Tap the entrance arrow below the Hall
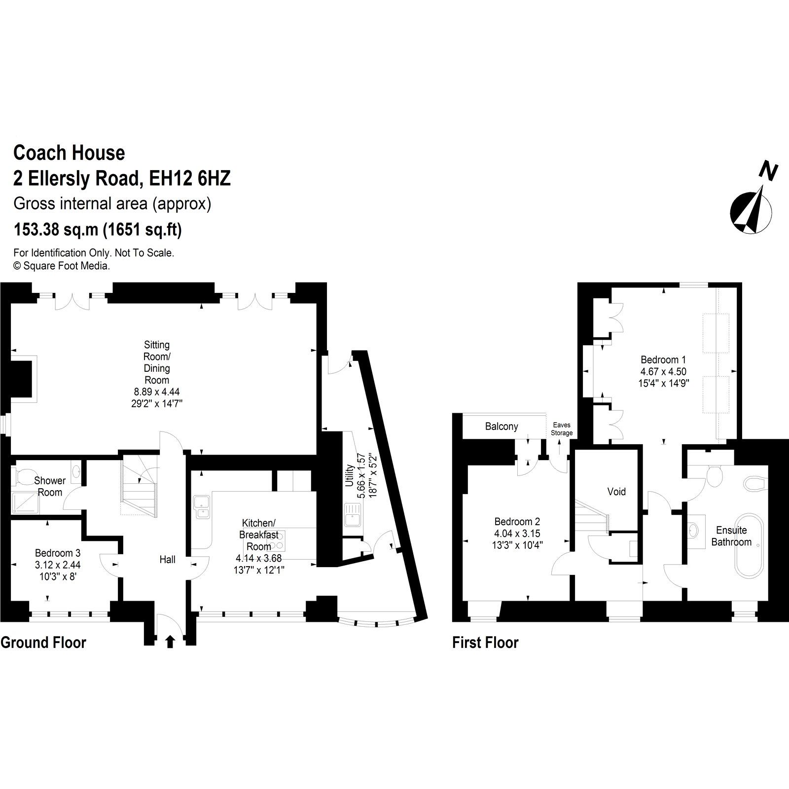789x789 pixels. click(170, 641)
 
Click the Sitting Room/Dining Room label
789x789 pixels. click(157, 362)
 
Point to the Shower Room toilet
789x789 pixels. click(22, 477)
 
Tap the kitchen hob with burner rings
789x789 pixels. click(275, 545)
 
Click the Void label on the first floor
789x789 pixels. click(616, 492)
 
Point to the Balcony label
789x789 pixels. click(502, 427)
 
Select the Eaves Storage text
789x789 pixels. click(561, 429)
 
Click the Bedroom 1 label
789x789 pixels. click(663, 359)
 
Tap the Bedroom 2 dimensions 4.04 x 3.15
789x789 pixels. click(517, 534)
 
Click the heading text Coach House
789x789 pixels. click(69, 153)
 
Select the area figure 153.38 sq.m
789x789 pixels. click(57, 230)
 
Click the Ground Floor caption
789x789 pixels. click(43, 643)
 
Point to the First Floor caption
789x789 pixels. click(485, 643)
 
